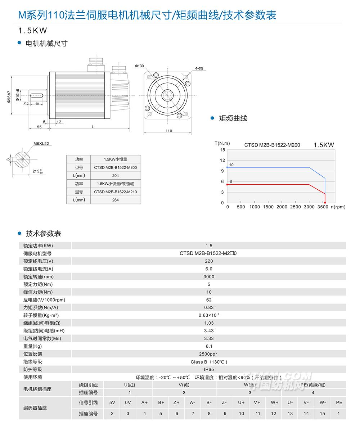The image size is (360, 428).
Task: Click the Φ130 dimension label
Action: pyautogui.click(x=139, y=66)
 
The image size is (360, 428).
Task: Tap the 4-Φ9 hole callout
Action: pyautogui.click(x=199, y=68)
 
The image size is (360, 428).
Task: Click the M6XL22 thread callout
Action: pyautogui.click(x=41, y=144)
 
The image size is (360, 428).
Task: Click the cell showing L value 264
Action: pyautogui.click(x=115, y=200)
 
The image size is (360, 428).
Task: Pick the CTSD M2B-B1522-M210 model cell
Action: pyautogui.click(x=115, y=192)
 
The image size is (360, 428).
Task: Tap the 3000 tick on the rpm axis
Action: pyautogui.click(x=309, y=207)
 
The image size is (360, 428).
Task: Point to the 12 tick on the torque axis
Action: pyautogui.click(x=222, y=160)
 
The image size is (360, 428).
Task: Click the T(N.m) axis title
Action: pyautogui.click(x=222, y=143)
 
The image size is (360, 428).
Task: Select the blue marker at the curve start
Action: pyautogui.click(x=227, y=167)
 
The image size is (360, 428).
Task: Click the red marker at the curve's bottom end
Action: pyautogui.click(x=325, y=203)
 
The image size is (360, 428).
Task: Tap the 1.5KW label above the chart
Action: pyautogui.click(x=324, y=145)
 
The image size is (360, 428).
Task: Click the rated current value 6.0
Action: pyautogui.click(x=209, y=269)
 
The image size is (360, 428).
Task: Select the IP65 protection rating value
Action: pyautogui.click(x=209, y=369)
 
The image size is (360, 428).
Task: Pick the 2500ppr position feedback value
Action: pyautogui.click(x=209, y=354)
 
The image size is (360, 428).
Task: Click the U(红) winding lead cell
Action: pyautogui.click(x=130, y=385)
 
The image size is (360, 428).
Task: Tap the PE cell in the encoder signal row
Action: pyautogui.click(x=339, y=402)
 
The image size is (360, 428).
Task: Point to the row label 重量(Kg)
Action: pyautogui.click(x=32, y=346)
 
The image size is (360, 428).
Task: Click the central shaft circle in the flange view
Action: pyautogui.click(x=167, y=95)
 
